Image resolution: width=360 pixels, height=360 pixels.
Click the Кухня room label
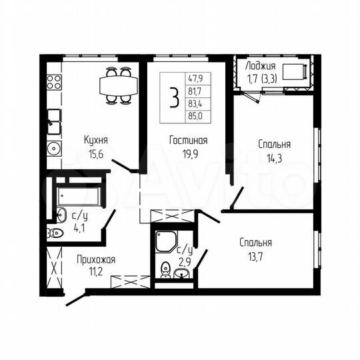(96, 140)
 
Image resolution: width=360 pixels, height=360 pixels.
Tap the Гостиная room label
(187, 141)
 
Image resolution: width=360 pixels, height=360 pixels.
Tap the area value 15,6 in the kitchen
(96, 152)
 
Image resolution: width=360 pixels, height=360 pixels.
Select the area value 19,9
(187, 153)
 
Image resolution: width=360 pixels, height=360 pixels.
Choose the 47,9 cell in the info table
(196, 79)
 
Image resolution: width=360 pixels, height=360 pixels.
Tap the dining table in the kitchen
(117, 85)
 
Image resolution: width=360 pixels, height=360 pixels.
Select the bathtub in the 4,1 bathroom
(77, 197)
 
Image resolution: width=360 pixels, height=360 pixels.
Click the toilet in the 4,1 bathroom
(55, 233)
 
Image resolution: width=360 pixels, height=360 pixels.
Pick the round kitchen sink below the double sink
(53, 148)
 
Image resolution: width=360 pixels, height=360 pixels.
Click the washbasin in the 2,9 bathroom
(181, 273)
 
